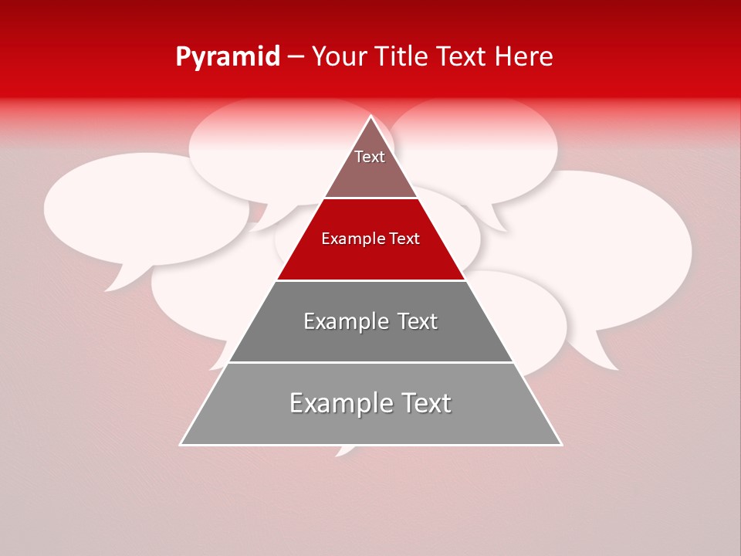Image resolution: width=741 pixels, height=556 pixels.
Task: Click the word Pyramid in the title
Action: pyautogui.click(x=227, y=57)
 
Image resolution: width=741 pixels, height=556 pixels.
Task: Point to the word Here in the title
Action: pyautogui.click(x=524, y=57)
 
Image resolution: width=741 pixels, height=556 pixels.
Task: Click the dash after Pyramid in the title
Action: pyautogui.click(x=296, y=58)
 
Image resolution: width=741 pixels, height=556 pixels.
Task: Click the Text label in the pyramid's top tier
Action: pyautogui.click(x=370, y=157)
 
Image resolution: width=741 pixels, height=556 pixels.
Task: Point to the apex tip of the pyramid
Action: pyautogui.click(x=371, y=117)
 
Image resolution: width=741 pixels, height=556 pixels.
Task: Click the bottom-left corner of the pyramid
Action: pyautogui.click(x=181, y=444)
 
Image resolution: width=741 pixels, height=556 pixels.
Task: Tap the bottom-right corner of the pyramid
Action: pyautogui.click(x=560, y=444)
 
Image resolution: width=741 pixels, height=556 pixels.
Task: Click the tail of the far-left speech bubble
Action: pyautogui.click(x=116, y=284)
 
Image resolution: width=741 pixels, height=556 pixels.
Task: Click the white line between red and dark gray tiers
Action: pyautogui.click(x=370, y=280)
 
